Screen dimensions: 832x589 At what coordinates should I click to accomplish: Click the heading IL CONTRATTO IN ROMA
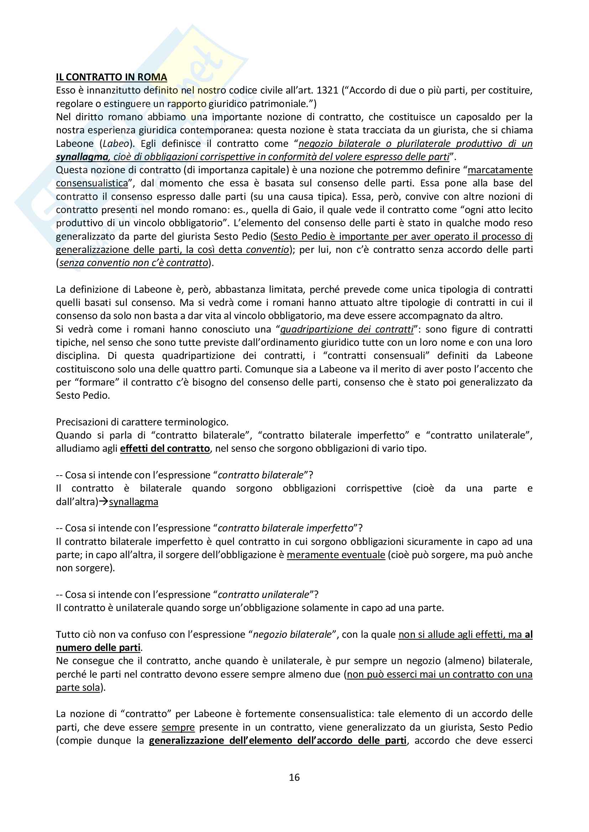[x=111, y=77]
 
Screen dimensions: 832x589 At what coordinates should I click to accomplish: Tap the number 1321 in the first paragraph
[x=327, y=90]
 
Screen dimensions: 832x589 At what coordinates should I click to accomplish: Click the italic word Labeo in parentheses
[x=116, y=143]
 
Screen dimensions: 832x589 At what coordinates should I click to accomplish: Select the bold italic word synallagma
[x=82, y=157]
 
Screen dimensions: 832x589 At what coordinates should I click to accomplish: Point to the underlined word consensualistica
[x=92, y=183]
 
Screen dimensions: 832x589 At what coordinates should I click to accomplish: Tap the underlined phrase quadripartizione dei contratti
[x=347, y=329]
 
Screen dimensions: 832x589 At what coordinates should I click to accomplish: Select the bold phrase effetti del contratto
[x=165, y=449]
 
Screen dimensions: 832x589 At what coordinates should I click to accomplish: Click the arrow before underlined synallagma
[x=104, y=502]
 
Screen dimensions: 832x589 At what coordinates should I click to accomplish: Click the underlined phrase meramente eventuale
[x=336, y=555]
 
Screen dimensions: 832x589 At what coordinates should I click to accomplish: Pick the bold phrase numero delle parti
[x=98, y=647]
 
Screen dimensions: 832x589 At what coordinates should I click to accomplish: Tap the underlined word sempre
[x=178, y=727]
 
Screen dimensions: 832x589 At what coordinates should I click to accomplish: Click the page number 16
[x=294, y=777]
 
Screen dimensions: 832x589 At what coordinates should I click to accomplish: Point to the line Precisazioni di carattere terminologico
[x=142, y=422]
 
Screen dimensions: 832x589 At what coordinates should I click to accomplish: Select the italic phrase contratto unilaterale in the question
[x=264, y=595]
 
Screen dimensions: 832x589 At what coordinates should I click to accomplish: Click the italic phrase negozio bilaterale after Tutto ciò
[x=292, y=635]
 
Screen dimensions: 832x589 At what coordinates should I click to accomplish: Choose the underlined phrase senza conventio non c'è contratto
[x=134, y=263]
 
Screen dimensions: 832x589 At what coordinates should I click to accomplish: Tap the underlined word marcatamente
[x=500, y=170]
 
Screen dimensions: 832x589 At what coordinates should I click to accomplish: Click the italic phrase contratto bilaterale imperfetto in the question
[x=286, y=528]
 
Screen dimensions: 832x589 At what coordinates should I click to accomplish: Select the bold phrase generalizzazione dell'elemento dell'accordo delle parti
[x=277, y=741]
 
